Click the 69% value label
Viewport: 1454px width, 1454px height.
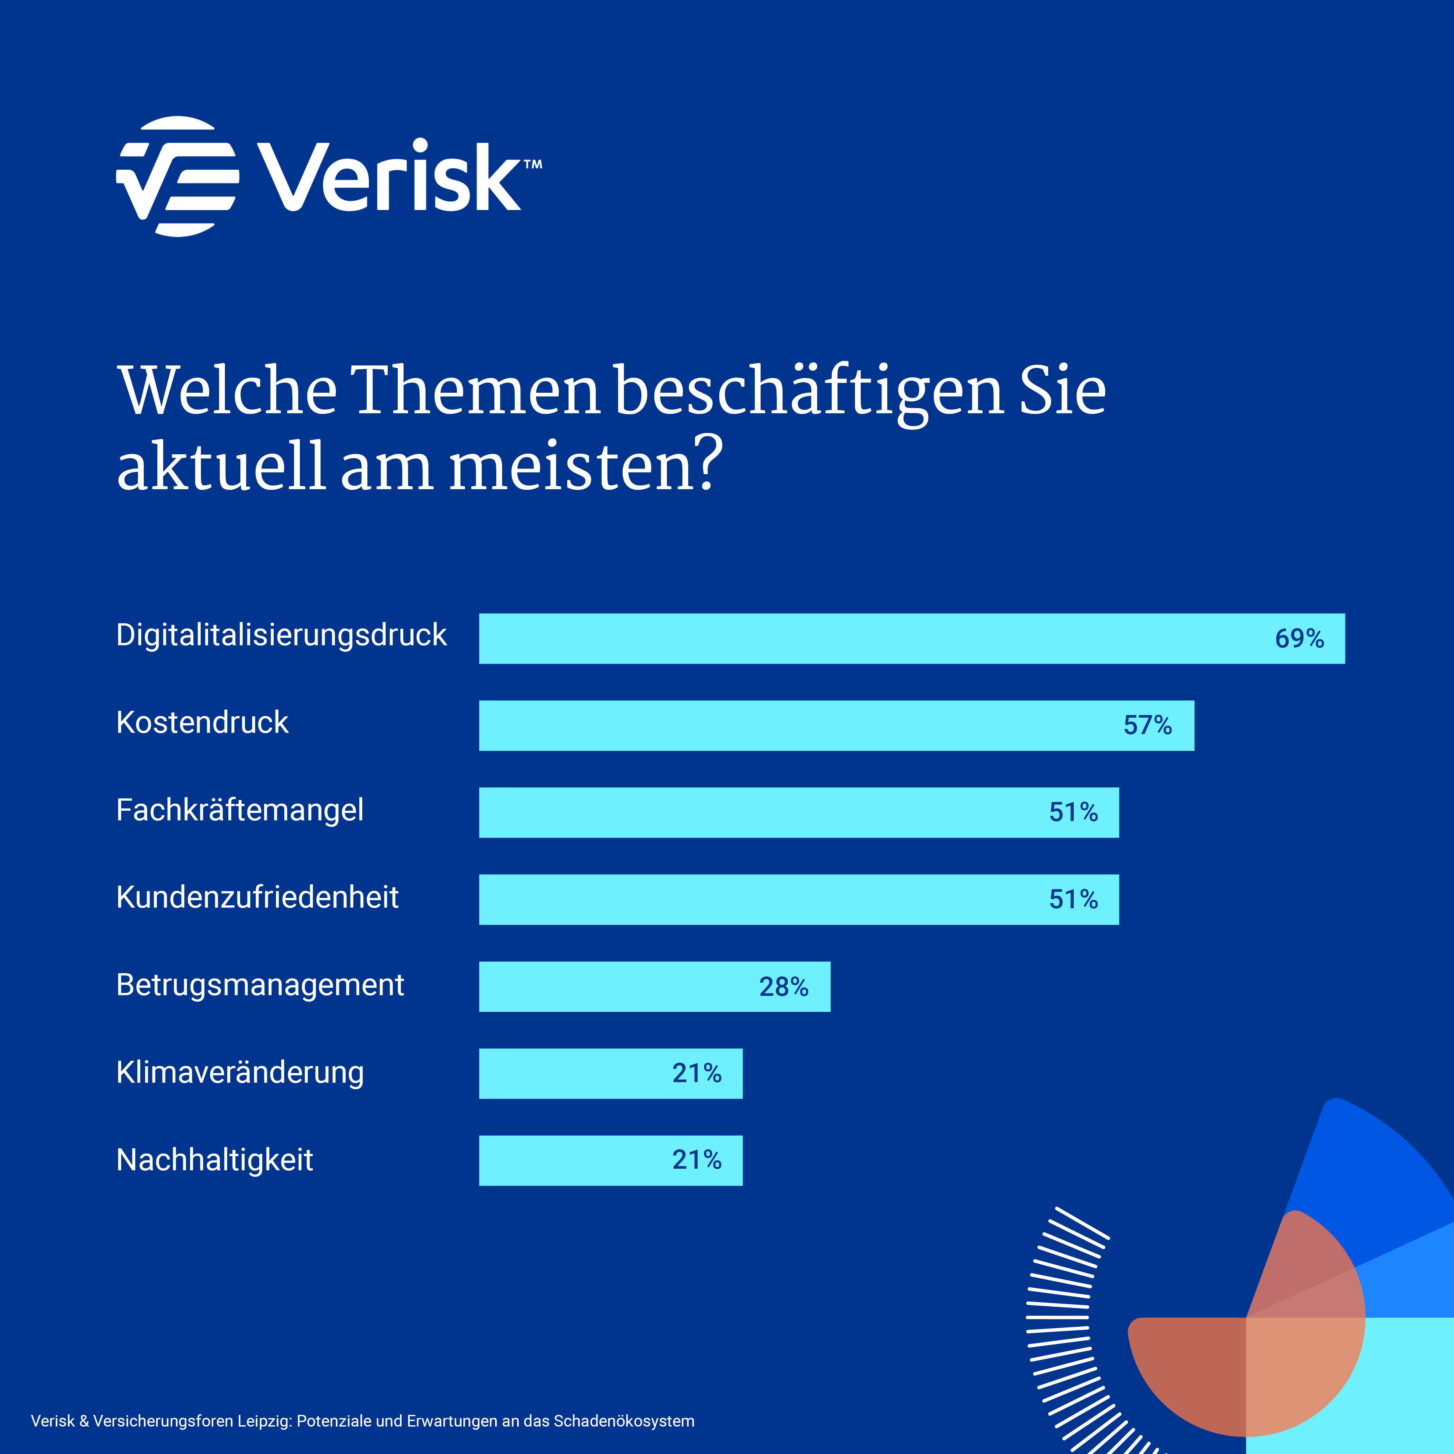tap(1299, 638)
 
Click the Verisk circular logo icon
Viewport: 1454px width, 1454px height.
tap(178, 176)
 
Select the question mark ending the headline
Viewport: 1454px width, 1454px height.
tap(707, 464)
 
